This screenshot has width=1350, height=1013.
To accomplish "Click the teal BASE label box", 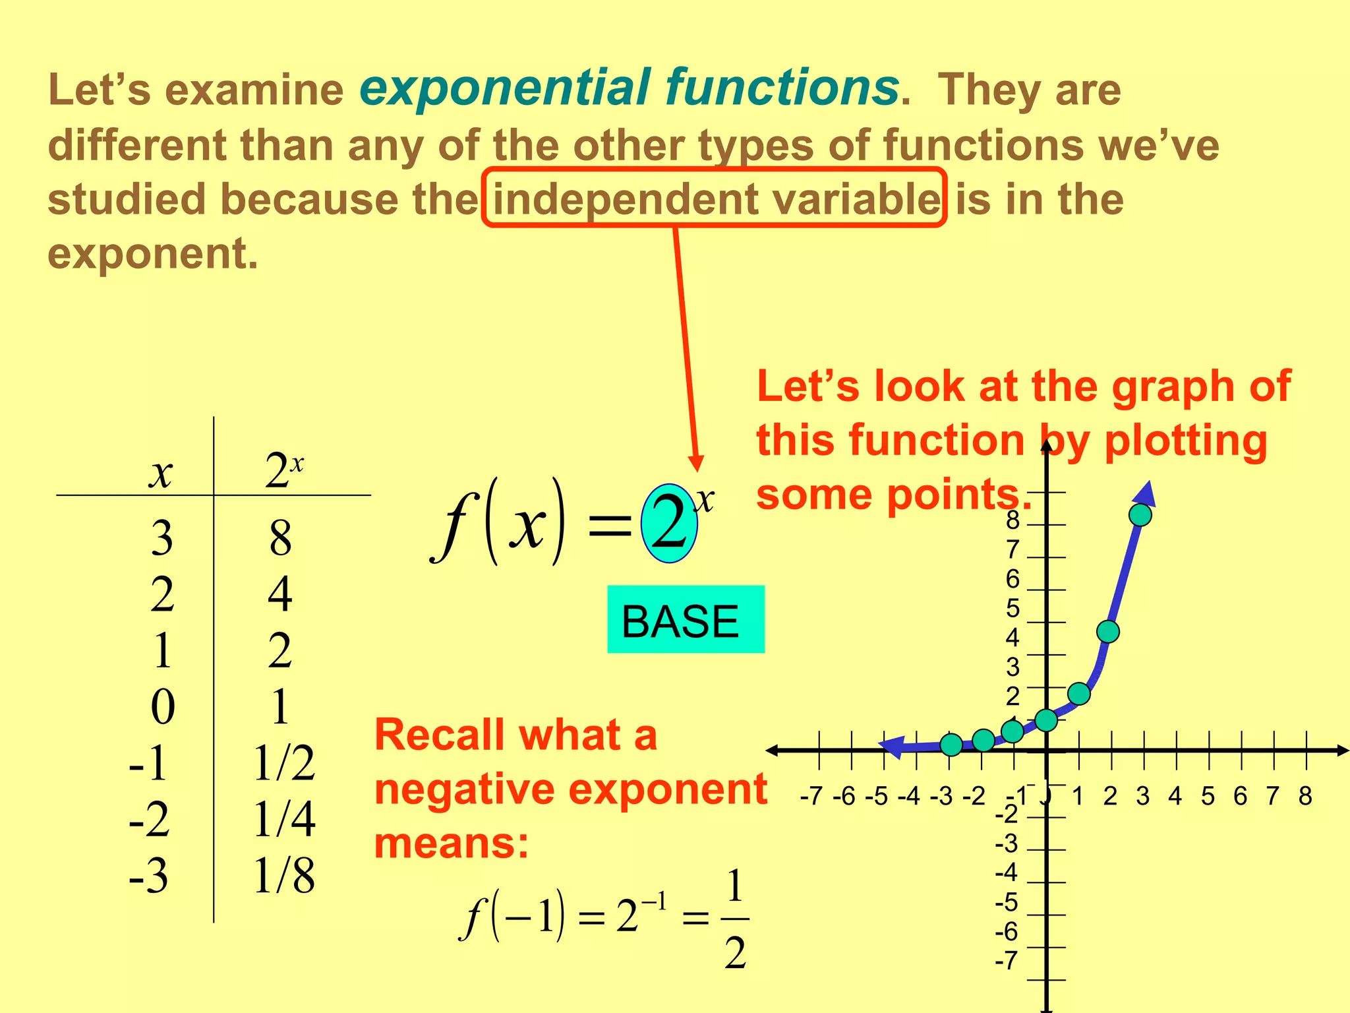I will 686,619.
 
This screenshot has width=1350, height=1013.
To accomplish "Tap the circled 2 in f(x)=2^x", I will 670,524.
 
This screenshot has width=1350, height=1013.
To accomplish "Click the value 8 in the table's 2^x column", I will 280,537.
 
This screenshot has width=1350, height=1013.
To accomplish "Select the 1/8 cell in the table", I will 284,876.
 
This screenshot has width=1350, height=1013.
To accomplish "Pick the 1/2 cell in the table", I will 284,763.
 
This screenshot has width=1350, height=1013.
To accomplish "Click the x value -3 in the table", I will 149,876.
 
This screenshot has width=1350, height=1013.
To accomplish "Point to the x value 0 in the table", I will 163,707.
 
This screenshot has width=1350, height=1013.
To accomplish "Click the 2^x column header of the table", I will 283,471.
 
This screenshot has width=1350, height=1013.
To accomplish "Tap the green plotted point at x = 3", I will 1140,514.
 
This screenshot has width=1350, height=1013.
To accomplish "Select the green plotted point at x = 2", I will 1108,631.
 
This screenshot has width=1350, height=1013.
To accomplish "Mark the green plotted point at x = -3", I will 951,745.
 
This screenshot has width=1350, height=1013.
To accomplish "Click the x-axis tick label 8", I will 1305,796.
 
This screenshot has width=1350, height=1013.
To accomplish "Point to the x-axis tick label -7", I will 811,796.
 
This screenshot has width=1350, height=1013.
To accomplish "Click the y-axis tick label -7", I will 1007,961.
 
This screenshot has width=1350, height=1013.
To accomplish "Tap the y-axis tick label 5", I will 1012,608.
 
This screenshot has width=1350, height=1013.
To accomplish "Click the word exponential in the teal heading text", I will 505,88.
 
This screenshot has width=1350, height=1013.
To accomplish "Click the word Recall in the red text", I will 440,735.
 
